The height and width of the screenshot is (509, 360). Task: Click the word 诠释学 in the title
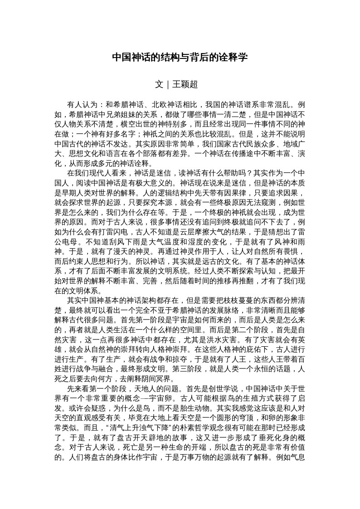click(x=233, y=58)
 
